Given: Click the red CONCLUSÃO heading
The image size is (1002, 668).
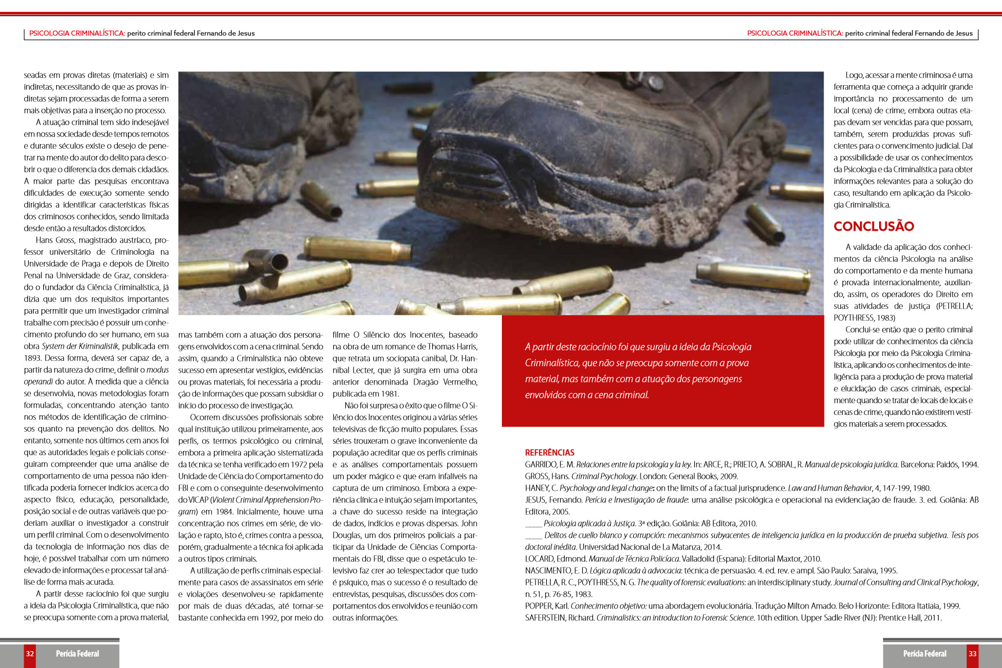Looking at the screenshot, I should coord(873,226).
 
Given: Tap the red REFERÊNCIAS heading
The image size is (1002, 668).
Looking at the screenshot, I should coord(550,452).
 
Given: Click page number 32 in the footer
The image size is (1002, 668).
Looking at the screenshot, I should coord(30,653).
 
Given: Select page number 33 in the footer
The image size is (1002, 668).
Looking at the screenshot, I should coord(972,653).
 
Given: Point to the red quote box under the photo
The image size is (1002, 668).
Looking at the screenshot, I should coord(662,371).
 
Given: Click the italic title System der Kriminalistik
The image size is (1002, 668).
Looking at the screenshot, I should coord(80,346).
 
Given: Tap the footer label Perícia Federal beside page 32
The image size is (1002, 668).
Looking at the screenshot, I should coord(77,653).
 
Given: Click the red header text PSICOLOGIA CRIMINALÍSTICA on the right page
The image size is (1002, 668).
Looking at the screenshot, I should coord(794,33).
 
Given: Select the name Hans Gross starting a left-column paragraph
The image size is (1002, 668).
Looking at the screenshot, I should coord(55,240).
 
